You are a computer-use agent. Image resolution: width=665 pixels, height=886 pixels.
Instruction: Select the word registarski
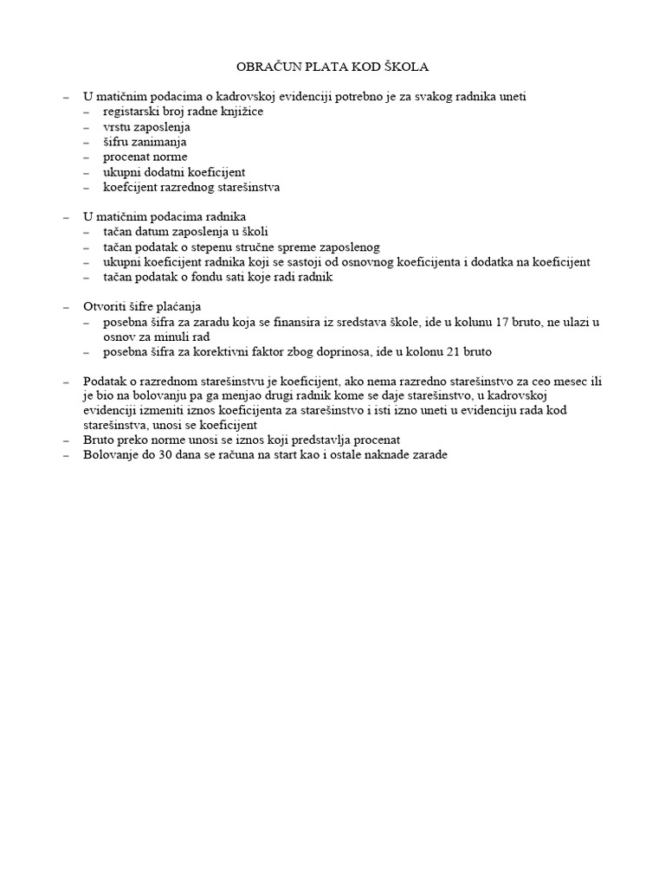tap(131, 112)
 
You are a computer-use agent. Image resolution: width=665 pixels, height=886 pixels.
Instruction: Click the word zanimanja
tap(162, 142)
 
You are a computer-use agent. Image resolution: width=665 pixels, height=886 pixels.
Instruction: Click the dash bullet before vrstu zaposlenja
tap(87, 127)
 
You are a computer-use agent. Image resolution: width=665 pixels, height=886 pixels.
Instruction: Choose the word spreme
tap(299, 247)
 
